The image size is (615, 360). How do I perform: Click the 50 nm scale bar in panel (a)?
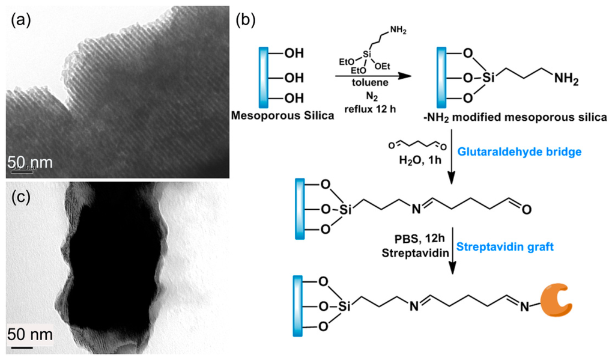click(21, 171)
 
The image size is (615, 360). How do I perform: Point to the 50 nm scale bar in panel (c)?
click(22, 346)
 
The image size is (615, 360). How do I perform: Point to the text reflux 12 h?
click(363, 109)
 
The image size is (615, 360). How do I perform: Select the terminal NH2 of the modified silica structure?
click(566, 78)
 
